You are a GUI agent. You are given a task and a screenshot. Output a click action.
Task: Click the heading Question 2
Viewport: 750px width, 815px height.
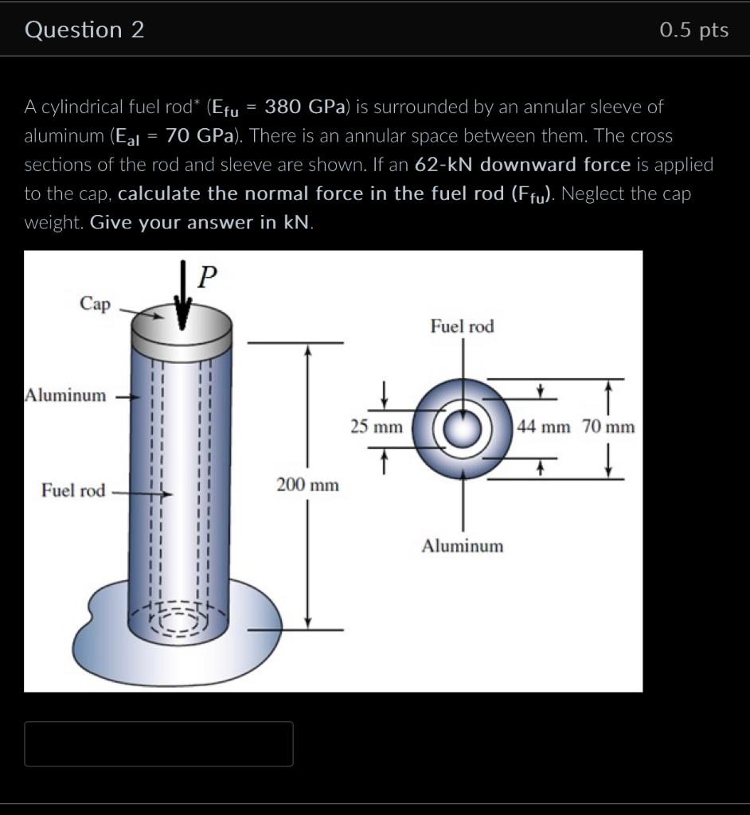84,30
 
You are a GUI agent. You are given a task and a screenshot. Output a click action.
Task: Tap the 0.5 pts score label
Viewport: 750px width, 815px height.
694,30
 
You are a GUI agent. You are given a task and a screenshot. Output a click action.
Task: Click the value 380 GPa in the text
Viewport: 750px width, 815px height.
305,107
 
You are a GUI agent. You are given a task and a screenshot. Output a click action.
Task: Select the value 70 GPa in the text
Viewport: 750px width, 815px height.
200,135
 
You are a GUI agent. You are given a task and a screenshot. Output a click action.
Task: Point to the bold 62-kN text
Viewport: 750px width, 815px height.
443,164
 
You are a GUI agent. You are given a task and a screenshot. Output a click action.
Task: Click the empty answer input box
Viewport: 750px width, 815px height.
158,744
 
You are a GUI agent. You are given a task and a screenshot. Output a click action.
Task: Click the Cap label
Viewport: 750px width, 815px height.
96,303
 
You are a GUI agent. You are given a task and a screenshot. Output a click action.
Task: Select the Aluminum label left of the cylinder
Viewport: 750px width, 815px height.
65,395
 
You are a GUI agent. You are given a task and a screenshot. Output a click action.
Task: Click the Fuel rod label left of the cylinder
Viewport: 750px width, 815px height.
73,490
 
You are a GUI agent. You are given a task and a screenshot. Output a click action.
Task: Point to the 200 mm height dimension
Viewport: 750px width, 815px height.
307,485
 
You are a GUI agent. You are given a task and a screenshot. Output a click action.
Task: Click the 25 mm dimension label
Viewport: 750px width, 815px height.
377,427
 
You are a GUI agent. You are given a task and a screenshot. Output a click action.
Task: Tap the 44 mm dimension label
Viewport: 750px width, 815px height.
544,427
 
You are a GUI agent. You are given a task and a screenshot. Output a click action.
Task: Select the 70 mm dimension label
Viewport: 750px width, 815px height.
608,427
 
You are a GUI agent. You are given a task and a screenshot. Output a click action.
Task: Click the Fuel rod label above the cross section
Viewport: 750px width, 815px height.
463,326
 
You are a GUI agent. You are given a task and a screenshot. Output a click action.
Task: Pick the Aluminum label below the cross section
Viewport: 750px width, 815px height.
463,546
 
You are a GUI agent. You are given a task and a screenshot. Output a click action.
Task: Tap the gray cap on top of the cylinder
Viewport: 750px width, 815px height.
182,332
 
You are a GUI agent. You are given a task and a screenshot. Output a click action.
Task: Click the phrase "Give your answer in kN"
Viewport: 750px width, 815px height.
200,223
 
